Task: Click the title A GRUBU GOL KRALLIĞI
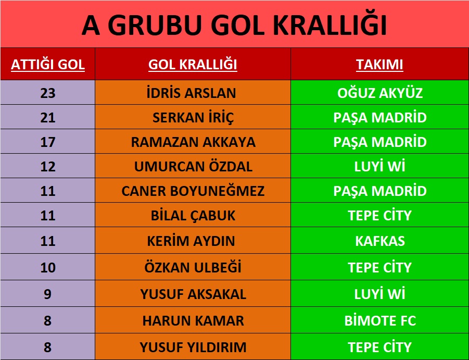coord(234,24)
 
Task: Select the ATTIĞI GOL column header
coord(48,65)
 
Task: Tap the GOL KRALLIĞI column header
coord(193,65)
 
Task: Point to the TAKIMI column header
coord(379,65)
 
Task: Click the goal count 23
coord(48,93)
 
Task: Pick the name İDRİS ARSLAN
coord(192,93)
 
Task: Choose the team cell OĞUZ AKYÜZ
coord(380,93)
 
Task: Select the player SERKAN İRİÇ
coord(193,118)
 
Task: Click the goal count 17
coord(48,142)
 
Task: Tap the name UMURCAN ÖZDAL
coord(193,166)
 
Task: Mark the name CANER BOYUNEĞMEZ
coord(193,191)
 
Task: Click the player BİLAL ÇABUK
coord(193,216)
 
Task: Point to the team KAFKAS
coord(380,241)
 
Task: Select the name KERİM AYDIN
coord(191,241)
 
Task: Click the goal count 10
coord(48,268)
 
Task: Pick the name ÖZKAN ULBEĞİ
coord(193,267)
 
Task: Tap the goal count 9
coord(47,294)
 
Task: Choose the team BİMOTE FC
coord(380,320)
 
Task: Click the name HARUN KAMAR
coord(193,321)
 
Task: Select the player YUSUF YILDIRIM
coord(193,347)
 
